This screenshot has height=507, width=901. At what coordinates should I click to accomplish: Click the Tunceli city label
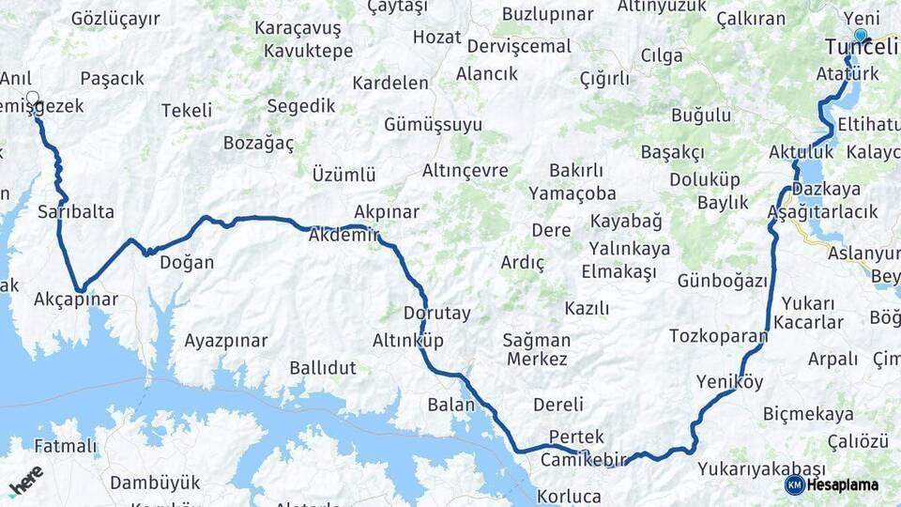861,47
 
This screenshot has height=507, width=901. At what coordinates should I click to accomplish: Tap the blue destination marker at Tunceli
861,35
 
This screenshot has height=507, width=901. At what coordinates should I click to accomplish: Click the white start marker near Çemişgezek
34,97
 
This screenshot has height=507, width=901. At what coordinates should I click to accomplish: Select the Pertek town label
576,437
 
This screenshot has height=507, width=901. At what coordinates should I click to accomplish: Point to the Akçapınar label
76,300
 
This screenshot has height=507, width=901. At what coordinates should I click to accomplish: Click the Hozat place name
437,38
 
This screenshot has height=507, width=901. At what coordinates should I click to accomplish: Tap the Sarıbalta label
76,211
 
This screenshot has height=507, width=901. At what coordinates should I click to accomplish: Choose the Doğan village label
188,263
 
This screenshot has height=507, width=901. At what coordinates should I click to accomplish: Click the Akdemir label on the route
344,237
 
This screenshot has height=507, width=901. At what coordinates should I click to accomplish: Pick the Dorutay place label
437,313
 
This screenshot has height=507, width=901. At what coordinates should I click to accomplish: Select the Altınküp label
408,340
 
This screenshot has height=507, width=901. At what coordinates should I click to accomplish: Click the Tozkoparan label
718,335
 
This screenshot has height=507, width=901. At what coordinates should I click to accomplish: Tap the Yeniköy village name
730,381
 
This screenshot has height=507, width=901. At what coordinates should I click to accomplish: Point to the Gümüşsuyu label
433,125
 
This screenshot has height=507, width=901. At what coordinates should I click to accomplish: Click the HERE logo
25,481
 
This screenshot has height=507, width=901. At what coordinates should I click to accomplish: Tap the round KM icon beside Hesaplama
794,484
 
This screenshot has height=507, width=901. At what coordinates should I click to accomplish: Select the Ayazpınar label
226,340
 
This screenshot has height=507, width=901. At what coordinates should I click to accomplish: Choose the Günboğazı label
722,281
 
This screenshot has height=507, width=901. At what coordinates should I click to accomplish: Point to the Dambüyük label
155,483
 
